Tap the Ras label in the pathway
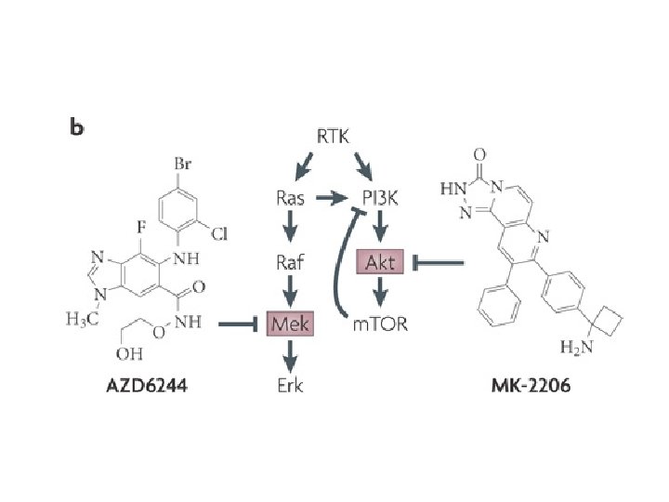(x=291, y=197)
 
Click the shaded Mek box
(x=290, y=324)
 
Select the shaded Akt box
(x=380, y=263)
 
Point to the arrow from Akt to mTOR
(x=380, y=295)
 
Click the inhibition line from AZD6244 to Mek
(x=238, y=324)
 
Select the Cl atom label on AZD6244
(x=219, y=235)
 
